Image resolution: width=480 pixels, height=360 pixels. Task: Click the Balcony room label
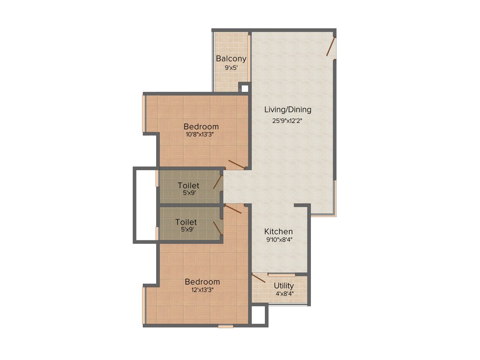(231, 59)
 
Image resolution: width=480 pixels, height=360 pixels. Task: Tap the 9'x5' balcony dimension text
(231, 67)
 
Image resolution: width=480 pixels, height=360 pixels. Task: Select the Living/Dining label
(287, 110)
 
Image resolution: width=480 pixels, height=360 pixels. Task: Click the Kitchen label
(278, 232)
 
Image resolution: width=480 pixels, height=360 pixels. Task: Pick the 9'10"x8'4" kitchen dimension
(278, 240)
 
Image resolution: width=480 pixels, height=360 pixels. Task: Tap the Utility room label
(284, 285)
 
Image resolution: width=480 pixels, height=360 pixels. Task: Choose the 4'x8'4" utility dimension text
(284, 294)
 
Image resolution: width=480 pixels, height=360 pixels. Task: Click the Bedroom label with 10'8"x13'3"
(201, 127)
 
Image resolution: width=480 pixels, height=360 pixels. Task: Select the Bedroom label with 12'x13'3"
(202, 282)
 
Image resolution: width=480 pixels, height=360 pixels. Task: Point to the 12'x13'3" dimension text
(202, 290)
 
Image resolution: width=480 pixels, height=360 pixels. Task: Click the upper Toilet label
(188, 186)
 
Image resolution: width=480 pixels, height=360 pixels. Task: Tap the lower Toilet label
(186, 222)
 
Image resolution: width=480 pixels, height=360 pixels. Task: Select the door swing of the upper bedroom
(236, 164)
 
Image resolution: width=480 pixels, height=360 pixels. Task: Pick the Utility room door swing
(259, 279)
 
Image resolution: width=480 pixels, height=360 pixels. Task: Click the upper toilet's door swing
(218, 182)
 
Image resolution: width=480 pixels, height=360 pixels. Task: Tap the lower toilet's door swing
(218, 228)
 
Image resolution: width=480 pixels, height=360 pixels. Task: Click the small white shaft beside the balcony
(243, 87)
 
